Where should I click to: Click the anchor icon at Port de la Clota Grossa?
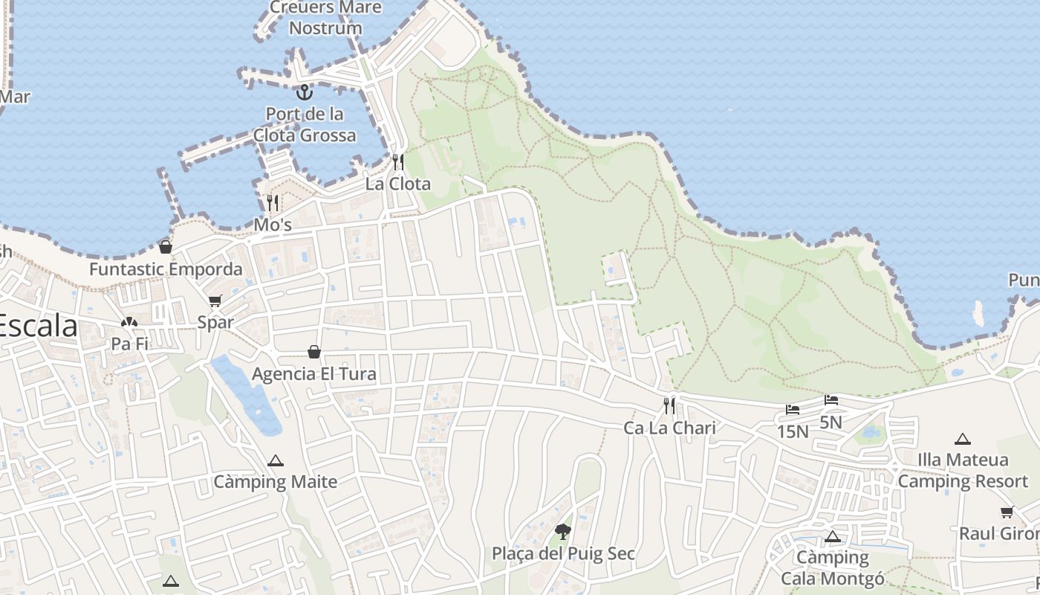pos(304,92)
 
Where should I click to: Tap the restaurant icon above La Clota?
pos(398,161)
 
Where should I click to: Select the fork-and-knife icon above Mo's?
pos(273,202)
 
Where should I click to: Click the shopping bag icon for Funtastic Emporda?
pos(166,247)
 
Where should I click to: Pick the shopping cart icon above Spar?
pos(215,300)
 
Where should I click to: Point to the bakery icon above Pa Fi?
pos(129,322)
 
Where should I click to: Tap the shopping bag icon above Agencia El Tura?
pos(314,352)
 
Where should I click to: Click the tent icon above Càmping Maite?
pos(276,460)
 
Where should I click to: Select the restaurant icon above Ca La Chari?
pos(669,405)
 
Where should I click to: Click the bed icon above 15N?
pos(793,409)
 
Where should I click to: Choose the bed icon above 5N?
pos(831,400)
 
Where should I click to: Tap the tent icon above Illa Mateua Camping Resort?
pos(963,439)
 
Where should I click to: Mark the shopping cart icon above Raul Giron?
pos(1007,512)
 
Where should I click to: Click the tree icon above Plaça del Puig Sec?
pos(563,531)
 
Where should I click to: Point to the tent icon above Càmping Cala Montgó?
pos(833,536)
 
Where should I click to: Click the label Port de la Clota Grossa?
pos(305,125)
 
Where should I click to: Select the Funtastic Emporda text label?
pos(166,269)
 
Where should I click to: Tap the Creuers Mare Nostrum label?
pos(325,18)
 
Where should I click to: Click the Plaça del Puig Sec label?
pos(563,553)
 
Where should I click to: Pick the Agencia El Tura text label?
pos(314,373)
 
